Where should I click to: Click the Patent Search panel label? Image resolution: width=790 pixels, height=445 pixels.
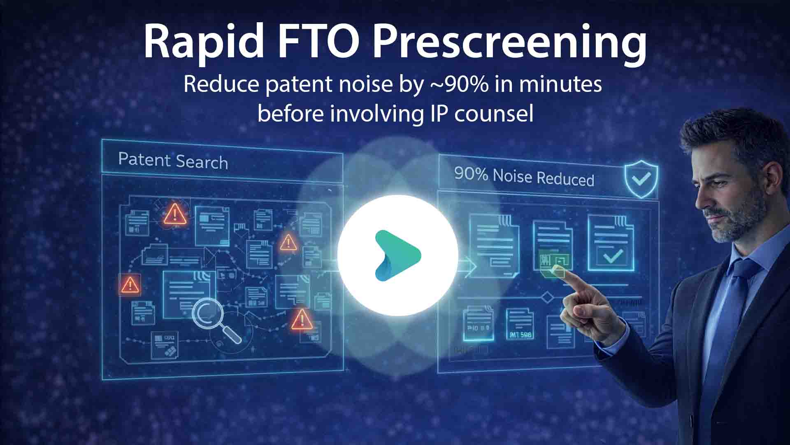(x=173, y=161)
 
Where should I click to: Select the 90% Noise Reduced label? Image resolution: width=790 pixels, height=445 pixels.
(x=524, y=177)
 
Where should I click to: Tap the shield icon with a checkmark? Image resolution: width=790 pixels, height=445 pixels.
(x=641, y=180)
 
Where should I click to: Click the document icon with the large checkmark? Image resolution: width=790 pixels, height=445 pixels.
(x=611, y=243)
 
